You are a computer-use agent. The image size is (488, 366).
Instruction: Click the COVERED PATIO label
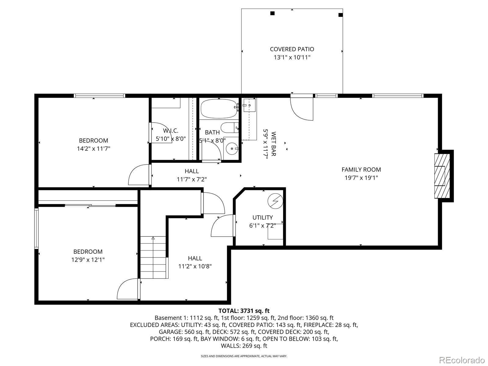point(292,49)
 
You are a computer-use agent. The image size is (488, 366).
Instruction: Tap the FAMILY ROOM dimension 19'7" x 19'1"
point(361,178)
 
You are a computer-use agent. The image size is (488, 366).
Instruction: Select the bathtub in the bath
point(219,109)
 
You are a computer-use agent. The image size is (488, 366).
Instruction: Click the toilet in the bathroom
point(229,127)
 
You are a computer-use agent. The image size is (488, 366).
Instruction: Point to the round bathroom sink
point(232,149)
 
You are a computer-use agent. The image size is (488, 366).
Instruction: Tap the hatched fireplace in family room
point(442,176)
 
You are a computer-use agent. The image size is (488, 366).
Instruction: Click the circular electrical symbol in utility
point(275,201)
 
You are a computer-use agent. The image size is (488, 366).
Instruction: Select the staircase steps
point(153,258)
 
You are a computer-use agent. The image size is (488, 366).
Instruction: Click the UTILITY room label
point(263,217)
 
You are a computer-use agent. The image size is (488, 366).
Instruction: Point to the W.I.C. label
point(170,131)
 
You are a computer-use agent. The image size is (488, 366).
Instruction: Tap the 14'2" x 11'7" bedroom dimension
point(93,149)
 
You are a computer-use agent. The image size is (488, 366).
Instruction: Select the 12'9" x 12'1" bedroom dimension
point(88,260)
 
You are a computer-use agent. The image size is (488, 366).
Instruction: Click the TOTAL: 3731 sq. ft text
point(244,311)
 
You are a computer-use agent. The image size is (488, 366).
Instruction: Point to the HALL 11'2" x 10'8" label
point(195,262)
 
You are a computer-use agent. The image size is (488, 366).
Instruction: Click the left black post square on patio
point(272,13)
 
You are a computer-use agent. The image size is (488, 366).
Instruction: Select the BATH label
point(212,132)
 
